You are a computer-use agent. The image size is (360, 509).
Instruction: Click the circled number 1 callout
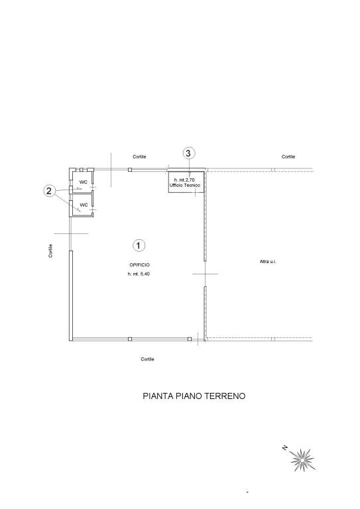pos(139,246)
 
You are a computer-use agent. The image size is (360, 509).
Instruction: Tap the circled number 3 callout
pos(188,153)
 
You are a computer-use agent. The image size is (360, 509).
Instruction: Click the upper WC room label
pos(84,182)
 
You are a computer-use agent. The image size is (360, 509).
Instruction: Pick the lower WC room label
pos(84,205)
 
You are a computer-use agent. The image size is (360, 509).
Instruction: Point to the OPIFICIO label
pos(139,264)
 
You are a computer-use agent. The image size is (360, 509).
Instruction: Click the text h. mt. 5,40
pos(139,274)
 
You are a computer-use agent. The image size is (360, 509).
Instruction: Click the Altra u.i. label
pos(268,262)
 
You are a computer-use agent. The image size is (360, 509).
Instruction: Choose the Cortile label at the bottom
pos(147,359)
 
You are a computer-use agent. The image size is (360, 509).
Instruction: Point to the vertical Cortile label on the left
pos(50,251)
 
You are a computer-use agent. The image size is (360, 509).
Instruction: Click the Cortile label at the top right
pos(288,157)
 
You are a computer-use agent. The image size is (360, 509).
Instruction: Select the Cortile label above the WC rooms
pos(139,157)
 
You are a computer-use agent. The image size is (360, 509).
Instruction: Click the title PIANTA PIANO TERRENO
pos(194,397)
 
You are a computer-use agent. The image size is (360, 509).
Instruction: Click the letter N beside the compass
pos(284,448)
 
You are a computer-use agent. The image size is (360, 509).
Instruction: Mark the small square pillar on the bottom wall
pos(130,339)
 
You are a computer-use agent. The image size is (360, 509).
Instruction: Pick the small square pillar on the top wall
pos(130,170)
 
